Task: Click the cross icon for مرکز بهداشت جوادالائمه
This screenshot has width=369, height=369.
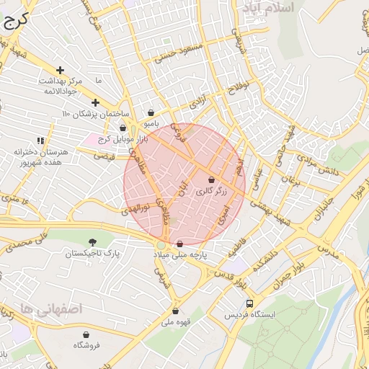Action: click(x=60, y=70)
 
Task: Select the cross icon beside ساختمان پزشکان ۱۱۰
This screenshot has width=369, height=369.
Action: click(x=95, y=102)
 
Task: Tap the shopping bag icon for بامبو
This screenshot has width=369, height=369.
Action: click(x=151, y=112)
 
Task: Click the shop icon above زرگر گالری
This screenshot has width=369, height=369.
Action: click(x=211, y=179)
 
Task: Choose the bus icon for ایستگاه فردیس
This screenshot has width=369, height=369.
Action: click(x=249, y=303)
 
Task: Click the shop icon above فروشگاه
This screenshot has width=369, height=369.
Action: click(x=86, y=334)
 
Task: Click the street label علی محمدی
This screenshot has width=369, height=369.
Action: click(x=32, y=240)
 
